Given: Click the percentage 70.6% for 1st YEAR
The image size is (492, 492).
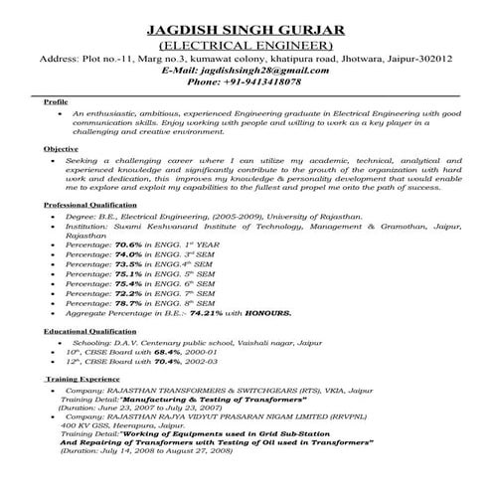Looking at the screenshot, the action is tap(130, 244).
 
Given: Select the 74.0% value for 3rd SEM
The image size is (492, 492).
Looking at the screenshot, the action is tap(130, 256).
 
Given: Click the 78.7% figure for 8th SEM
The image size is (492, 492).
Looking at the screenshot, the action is tap(130, 306).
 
